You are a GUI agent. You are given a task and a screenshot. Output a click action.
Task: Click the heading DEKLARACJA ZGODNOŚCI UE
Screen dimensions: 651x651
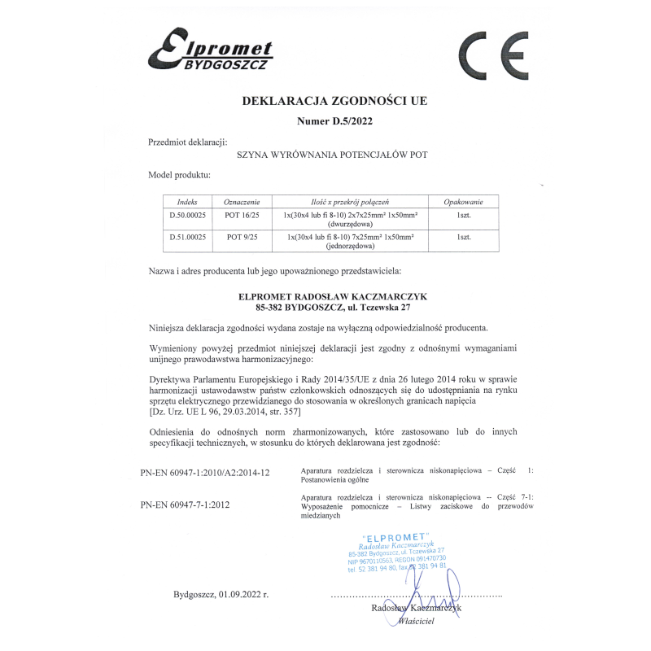334,102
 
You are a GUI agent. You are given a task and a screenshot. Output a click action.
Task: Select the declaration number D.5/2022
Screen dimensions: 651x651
334,123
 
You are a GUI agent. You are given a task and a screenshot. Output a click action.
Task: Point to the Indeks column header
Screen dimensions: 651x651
187,201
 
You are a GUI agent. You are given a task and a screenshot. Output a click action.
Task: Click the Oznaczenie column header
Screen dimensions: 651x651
242,201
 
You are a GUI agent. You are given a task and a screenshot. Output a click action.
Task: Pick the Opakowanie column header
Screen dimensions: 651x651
463,201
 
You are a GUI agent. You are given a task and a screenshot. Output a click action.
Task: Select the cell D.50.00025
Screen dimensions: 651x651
187,214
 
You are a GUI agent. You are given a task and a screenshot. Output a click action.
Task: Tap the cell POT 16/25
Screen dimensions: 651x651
242,214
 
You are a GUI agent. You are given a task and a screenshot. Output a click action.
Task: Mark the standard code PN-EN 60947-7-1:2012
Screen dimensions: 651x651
185,505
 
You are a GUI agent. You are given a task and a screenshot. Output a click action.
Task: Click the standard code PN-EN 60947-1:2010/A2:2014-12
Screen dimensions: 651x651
204,473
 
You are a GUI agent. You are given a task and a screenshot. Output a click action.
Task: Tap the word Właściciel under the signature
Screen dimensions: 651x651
417,621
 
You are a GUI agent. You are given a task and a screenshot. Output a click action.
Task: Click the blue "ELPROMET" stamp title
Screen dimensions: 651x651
398,537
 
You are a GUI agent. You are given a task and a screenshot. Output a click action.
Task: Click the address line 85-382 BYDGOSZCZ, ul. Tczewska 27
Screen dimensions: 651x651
334,308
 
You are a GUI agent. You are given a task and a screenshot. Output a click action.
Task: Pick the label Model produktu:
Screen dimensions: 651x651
179,175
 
